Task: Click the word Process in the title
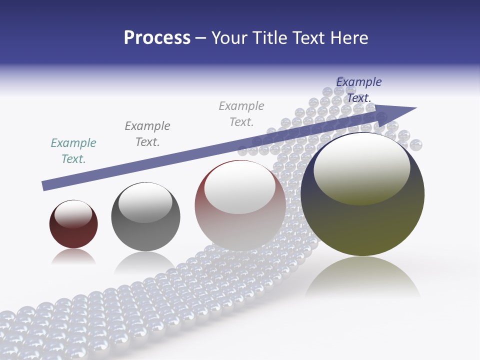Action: click(157, 38)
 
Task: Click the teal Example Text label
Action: click(73, 151)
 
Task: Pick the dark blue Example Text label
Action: click(359, 90)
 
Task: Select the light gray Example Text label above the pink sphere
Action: click(241, 114)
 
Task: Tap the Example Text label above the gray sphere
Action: click(147, 134)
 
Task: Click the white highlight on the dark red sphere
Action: click(73, 214)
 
